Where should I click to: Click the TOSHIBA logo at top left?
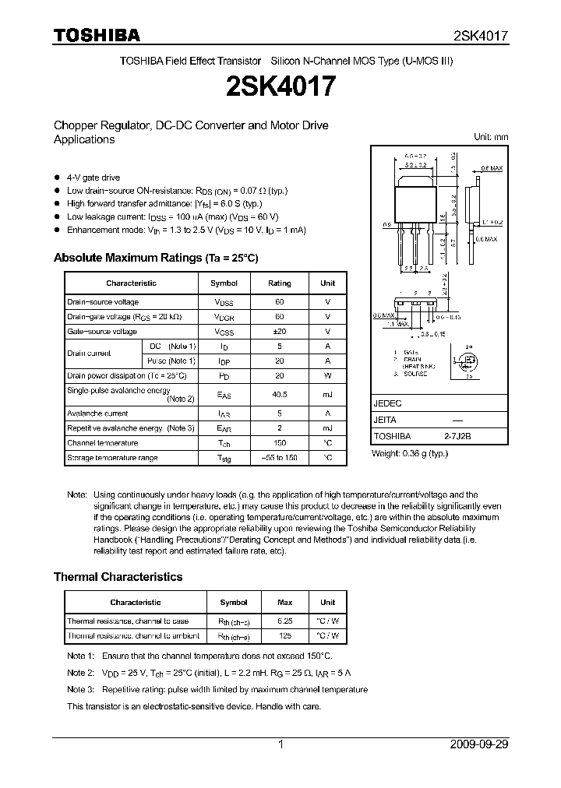coord(97,35)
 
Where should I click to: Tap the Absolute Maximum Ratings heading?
coord(155,258)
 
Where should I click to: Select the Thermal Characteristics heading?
coord(118,577)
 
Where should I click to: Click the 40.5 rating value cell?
coord(279,395)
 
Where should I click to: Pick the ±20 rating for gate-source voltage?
coord(279,331)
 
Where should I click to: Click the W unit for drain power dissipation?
coord(327,375)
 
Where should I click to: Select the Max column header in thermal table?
coord(285,602)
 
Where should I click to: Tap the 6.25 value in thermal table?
coord(285,621)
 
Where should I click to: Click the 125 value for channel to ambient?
coord(285,635)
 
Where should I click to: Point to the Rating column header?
coord(279,283)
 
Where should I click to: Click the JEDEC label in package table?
coord(388,404)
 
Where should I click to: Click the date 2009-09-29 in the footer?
coord(478,744)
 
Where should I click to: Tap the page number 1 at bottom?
coord(280,744)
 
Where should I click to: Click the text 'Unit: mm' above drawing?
coord(491,137)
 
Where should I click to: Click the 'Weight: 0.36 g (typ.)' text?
coord(410,453)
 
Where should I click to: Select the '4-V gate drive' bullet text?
coord(93,178)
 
